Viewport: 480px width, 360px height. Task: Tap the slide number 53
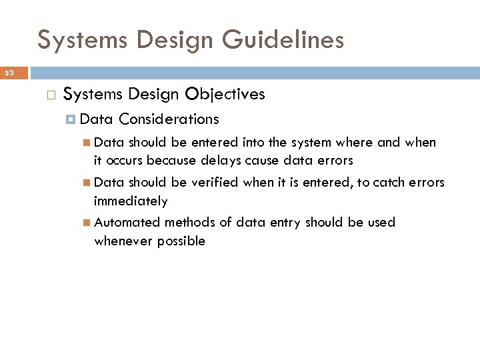click(x=10, y=73)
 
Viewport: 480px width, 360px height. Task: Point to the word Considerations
click(x=169, y=119)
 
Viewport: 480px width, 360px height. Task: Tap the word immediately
click(x=131, y=201)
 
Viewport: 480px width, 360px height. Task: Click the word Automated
click(x=127, y=222)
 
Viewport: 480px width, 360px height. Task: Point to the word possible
click(x=181, y=241)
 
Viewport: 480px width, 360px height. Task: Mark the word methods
click(x=190, y=222)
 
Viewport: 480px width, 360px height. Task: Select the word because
click(x=172, y=161)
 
